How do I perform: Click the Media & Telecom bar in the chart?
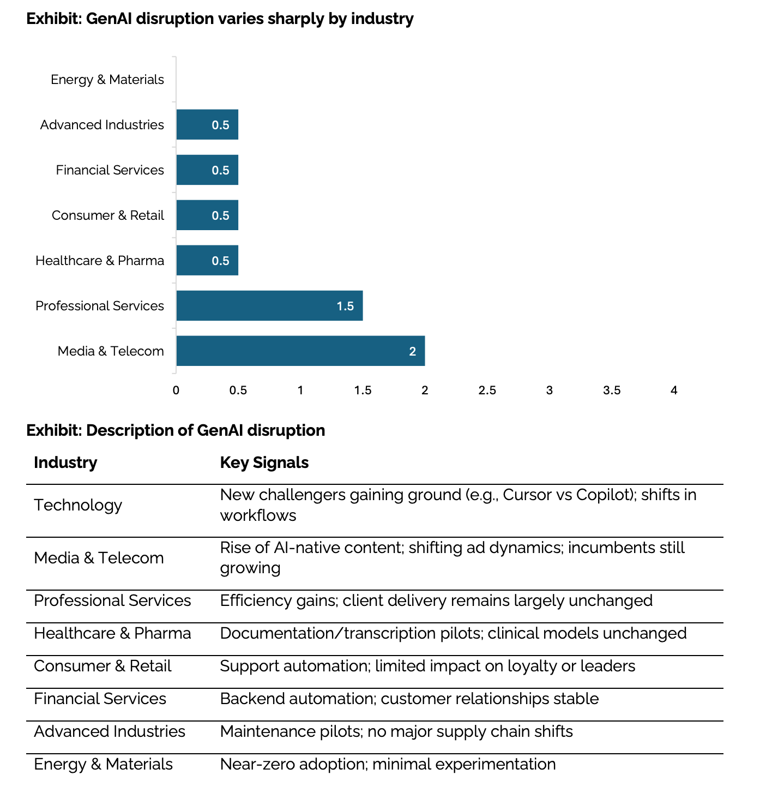point(300,351)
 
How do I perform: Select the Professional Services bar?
point(269,305)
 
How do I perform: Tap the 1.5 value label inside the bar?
point(346,306)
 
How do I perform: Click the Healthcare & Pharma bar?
point(207,260)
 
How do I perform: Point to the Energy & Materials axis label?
point(107,80)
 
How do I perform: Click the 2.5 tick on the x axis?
point(487,391)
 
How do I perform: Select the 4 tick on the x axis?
point(674,391)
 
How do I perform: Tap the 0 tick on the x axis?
point(176,391)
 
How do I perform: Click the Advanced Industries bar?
point(207,124)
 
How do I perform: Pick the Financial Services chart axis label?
point(110,170)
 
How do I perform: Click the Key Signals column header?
point(264,462)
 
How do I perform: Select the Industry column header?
point(65,462)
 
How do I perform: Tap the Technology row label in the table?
point(78,505)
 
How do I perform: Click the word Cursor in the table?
point(526,495)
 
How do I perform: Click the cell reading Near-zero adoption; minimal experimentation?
point(388,764)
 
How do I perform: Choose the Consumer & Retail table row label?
point(102,666)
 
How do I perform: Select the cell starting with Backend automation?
point(409,699)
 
